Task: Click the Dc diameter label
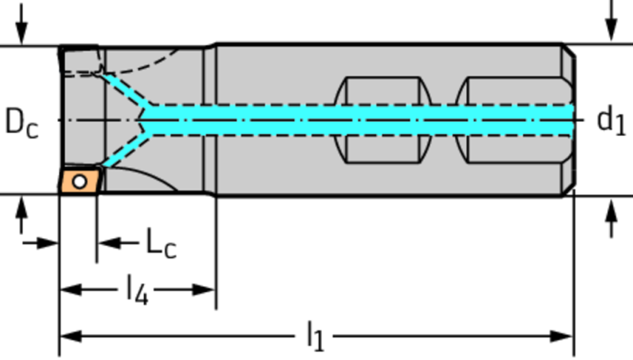point(21,123)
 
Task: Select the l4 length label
point(137,290)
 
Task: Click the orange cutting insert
point(79,180)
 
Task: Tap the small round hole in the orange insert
point(78,182)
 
